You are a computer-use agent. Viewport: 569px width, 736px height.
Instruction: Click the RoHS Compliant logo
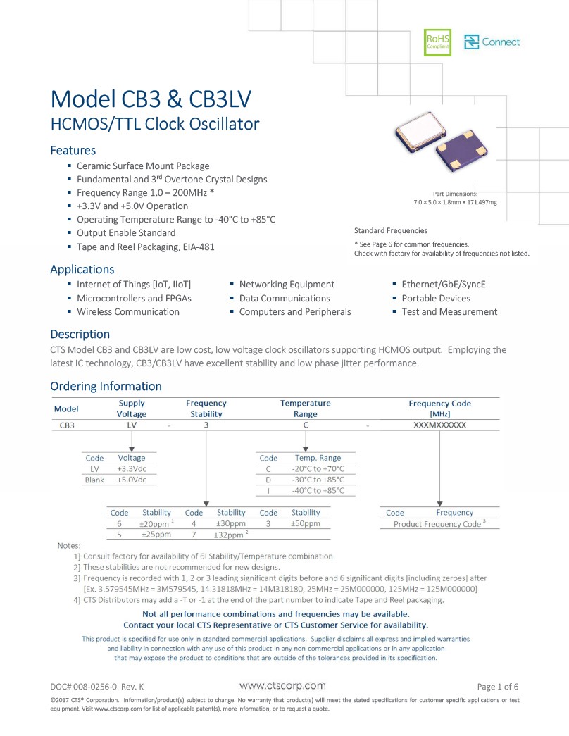(437, 42)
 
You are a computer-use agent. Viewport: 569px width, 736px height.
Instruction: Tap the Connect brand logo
(492, 42)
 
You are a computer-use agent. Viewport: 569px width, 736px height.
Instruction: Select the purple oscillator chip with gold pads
(461, 150)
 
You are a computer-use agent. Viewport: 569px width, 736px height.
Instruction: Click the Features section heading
(73, 150)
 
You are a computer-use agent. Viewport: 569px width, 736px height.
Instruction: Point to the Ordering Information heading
(106, 386)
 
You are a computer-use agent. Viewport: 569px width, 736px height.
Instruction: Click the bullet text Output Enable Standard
(126, 233)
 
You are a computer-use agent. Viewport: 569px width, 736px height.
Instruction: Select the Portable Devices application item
(436, 298)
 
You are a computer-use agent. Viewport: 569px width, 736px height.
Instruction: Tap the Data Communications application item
(284, 298)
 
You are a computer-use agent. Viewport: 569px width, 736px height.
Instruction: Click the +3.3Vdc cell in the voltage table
(132, 468)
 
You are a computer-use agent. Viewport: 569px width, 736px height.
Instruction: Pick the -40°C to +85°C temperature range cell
(318, 490)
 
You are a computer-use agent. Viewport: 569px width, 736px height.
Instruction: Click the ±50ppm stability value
(305, 523)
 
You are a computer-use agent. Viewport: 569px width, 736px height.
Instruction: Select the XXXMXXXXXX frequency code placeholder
(439, 425)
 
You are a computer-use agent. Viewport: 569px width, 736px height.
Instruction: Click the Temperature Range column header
(305, 408)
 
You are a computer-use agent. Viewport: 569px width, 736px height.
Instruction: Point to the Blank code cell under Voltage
(94, 480)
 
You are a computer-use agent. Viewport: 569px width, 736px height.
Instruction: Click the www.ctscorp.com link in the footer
(282, 686)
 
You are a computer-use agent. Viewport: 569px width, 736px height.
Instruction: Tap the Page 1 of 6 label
(498, 687)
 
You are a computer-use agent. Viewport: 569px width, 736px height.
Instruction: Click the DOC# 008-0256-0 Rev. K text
(97, 687)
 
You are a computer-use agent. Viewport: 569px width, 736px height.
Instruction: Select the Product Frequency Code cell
(437, 524)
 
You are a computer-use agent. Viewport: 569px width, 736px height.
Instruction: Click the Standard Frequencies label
(391, 230)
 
